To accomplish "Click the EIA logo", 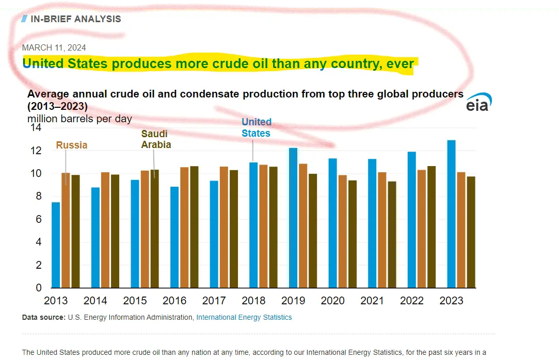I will (x=478, y=103).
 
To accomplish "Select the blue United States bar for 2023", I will (x=451, y=214).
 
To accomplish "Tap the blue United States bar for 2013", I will (x=56, y=245).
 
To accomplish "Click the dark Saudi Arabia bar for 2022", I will (x=432, y=227).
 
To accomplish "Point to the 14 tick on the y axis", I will (x=36, y=127).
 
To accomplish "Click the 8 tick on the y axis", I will (x=38, y=197).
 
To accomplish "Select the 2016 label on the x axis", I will (x=174, y=301).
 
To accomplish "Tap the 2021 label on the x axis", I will (x=372, y=301).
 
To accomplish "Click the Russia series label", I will (x=72, y=145).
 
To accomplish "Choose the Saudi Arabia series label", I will (x=156, y=139).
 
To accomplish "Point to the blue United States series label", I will (x=256, y=127).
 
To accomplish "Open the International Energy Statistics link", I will (x=244, y=317).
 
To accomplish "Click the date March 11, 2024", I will (x=54, y=47).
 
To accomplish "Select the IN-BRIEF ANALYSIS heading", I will (x=75, y=19).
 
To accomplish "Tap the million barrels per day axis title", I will (x=79, y=119).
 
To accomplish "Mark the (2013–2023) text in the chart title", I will (x=57, y=107).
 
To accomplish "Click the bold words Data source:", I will (x=43, y=317).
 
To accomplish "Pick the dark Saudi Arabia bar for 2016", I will (x=194, y=227).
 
